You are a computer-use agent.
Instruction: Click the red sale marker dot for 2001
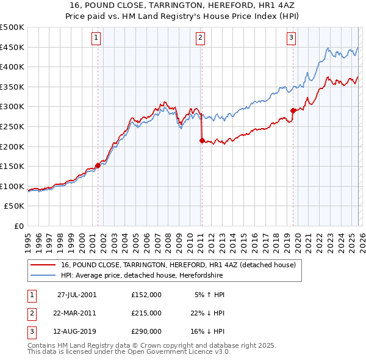(x=98, y=165)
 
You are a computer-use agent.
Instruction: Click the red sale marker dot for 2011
(x=201, y=140)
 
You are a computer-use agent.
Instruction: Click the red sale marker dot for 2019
(x=293, y=110)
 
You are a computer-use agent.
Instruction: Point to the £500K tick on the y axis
(x=12, y=27)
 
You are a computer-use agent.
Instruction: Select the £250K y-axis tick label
(x=12, y=126)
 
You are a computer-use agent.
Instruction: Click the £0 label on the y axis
(x=18, y=226)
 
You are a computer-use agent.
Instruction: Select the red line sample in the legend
(x=43, y=265)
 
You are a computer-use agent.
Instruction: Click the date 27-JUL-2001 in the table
(x=77, y=295)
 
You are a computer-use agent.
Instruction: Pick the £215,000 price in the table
(x=146, y=313)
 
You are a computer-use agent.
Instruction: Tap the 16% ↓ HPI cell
(x=206, y=331)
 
